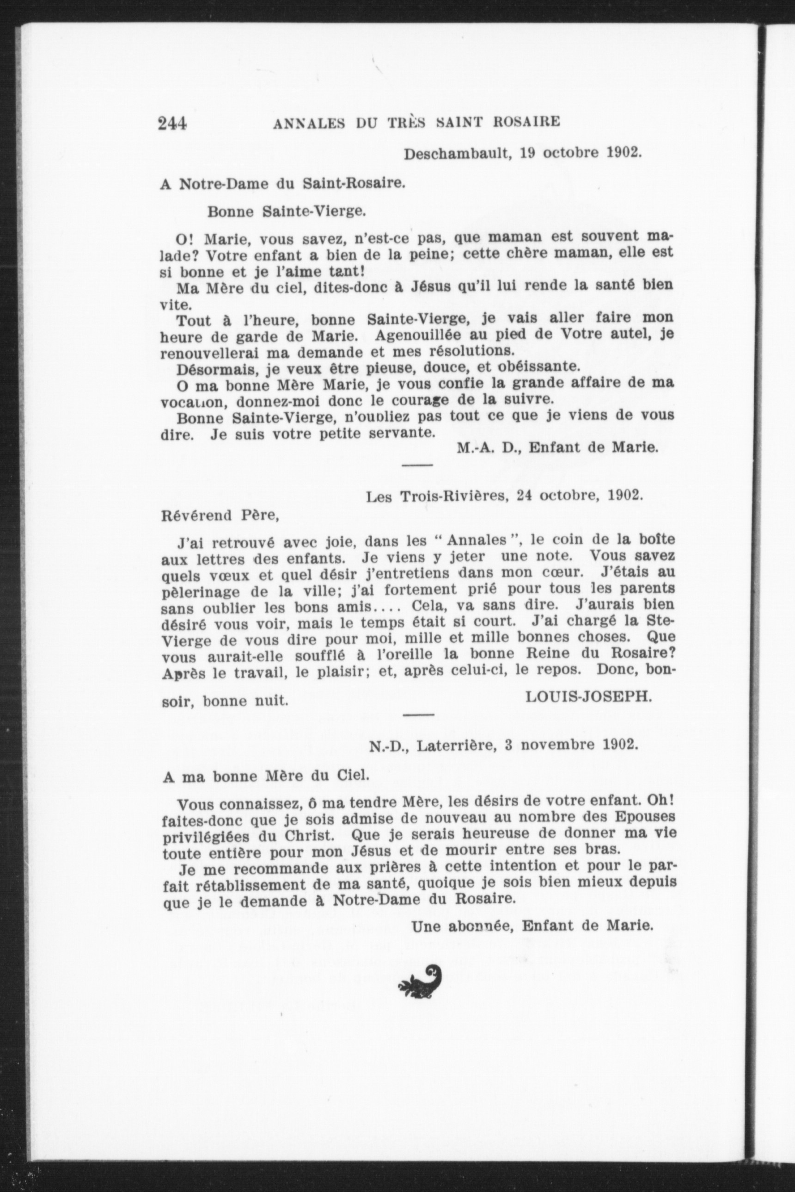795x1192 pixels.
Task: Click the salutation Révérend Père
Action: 220,515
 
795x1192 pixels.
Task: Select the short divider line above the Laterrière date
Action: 418,714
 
